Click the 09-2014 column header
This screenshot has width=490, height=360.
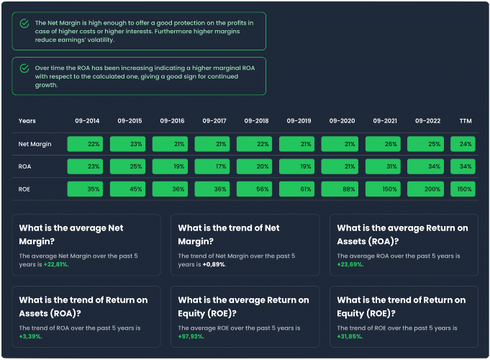[x=87, y=121]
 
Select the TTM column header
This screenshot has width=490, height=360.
[x=466, y=121]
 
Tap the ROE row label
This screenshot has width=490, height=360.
[x=24, y=189]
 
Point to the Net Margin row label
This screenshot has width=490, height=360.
[x=35, y=144]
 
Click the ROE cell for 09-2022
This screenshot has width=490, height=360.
[x=425, y=189]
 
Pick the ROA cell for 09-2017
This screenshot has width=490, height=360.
[x=212, y=166]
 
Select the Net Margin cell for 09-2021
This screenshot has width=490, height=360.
[x=383, y=144]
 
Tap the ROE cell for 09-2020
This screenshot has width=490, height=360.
[x=340, y=189]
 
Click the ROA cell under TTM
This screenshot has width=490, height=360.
[x=463, y=166]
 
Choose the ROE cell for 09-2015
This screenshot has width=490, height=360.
[x=127, y=189]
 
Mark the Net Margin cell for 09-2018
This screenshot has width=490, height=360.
[x=255, y=144]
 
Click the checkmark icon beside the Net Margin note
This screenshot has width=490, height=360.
[x=24, y=24]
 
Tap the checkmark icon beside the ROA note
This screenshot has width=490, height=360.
[x=24, y=68]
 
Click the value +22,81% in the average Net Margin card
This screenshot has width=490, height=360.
[x=55, y=264]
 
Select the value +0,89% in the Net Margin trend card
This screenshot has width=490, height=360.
[x=214, y=264]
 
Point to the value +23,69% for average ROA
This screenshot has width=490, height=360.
[x=350, y=264]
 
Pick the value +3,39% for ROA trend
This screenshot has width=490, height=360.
[x=30, y=336]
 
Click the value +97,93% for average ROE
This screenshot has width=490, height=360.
[x=191, y=336]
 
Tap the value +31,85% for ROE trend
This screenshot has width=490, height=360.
[x=350, y=336]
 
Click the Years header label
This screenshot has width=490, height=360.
[x=27, y=121]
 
